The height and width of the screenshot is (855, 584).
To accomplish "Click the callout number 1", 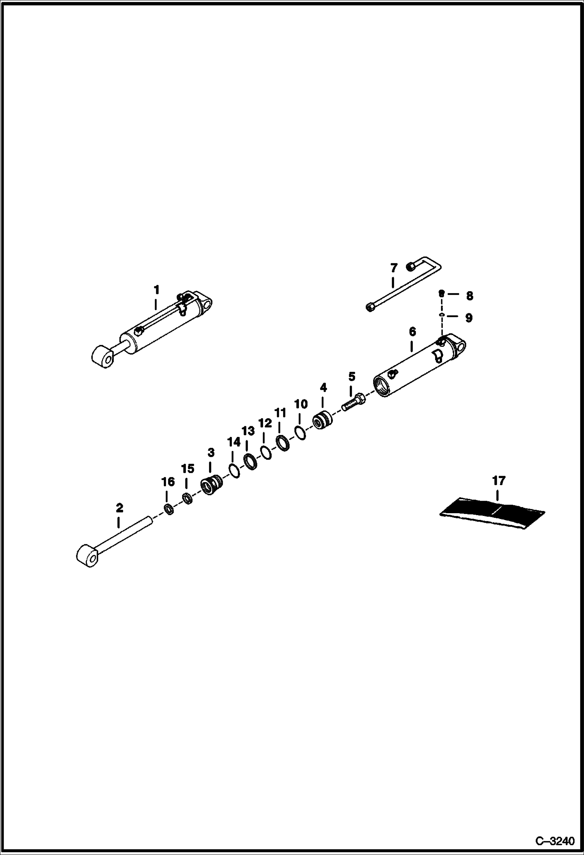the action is pos(156,290).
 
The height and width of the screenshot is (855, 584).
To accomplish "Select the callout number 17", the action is pos(499,481).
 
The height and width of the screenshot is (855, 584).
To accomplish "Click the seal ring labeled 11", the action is pos(282,443).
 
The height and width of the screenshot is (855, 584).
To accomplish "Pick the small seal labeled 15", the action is pos(188,498).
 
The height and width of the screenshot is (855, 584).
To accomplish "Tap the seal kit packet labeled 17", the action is pos(492,512).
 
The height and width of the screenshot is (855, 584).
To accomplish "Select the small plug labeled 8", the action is pos(442,293).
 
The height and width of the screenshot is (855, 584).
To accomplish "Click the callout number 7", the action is pos(394,268).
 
